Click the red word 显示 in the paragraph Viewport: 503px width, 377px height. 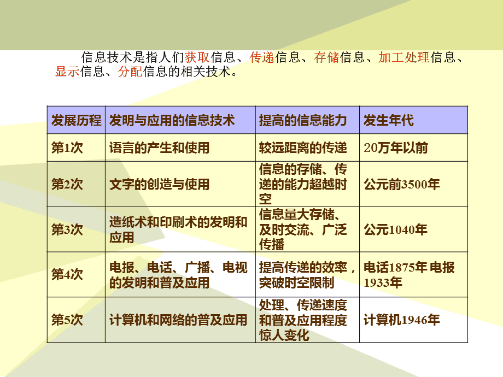[67, 72]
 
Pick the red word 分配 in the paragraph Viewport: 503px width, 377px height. [130, 72]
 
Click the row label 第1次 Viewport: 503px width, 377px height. [67, 148]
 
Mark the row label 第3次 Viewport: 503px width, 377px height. [67, 230]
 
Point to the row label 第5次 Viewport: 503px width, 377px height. [67, 320]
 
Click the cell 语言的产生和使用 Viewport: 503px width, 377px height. [160, 148]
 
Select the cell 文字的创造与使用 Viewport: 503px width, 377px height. [160, 185]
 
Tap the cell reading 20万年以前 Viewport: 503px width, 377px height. [396, 148]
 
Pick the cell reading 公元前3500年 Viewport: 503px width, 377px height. [402, 185]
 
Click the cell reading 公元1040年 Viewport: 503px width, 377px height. [396, 230]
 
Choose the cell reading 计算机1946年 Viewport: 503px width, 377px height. [402, 320]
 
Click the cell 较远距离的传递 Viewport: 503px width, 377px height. [303, 148]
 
